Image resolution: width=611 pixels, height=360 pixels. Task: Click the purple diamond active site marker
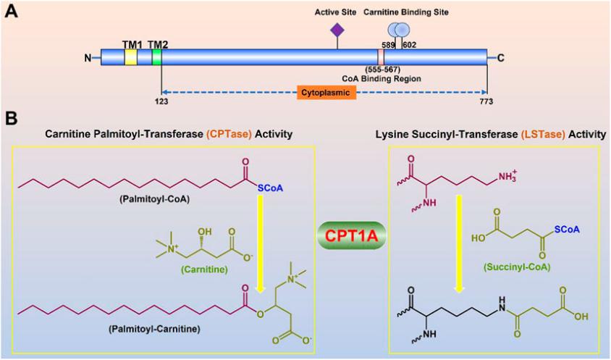click(337, 30)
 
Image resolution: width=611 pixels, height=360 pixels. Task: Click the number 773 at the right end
click(486, 101)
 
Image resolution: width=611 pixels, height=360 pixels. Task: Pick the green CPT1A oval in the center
click(352, 236)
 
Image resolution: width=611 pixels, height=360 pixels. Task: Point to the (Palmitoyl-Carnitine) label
click(155, 330)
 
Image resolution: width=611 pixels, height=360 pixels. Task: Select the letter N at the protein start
click(88, 59)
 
